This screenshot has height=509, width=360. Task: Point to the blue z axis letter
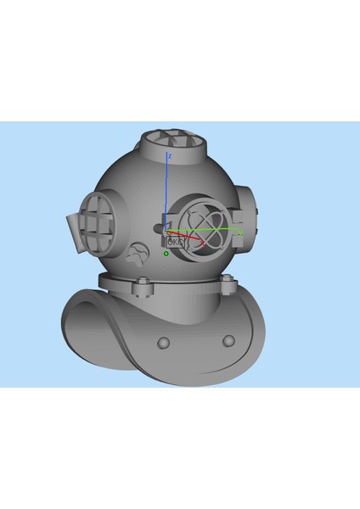point(171,156)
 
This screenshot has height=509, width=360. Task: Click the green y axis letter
point(241,232)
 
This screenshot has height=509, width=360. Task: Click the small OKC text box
point(175,242)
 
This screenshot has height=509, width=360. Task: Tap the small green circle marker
point(166,253)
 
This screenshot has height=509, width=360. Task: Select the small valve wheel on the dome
point(137,252)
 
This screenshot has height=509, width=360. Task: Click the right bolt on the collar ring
point(227,287)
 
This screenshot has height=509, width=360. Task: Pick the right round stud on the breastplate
point(228,340)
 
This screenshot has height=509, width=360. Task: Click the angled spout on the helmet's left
point(74,232)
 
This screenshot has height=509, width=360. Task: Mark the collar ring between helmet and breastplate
point(183,283)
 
